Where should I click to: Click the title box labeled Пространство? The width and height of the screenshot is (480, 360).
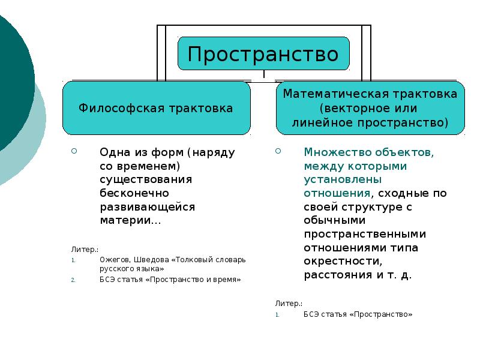[x=263, y=54]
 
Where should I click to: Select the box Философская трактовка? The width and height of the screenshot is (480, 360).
[x=156, y=109]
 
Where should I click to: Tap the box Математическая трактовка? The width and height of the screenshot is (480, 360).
[x=370, y=109]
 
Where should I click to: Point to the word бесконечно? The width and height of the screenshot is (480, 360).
[x=134, y=193]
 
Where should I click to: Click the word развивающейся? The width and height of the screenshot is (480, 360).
[x=148, y=207]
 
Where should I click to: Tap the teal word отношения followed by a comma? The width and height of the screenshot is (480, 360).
[x=336, y=193]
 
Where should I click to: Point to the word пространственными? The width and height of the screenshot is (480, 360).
[x=364, y=235]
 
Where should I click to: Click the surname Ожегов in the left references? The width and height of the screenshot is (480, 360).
[x=113, y=260]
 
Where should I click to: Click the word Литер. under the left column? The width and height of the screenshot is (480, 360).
[x=85, y=248]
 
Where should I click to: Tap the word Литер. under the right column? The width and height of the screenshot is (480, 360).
[x=289, y=304]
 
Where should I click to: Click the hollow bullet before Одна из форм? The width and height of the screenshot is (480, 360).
[x=74, y=151]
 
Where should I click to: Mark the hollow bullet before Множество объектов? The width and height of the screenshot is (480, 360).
[x=278, y=151]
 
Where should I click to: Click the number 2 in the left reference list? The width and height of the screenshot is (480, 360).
[x=73, y=280]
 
